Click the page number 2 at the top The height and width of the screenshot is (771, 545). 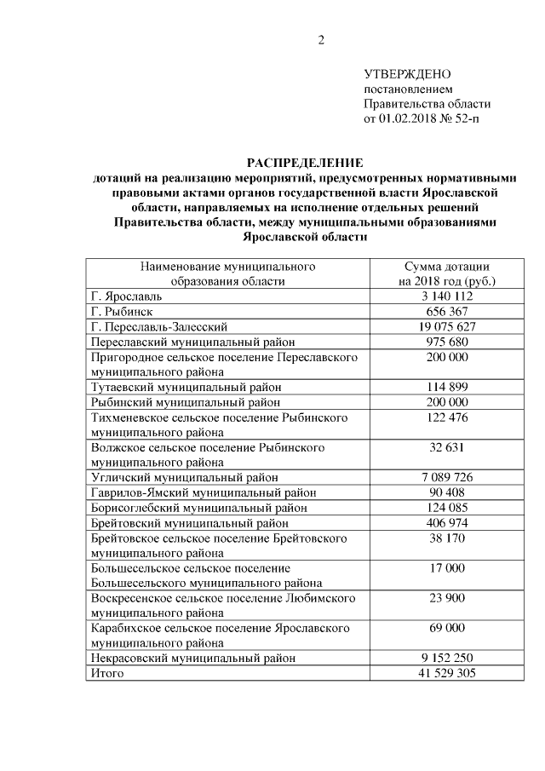pyautogui.click(x=322, y=39)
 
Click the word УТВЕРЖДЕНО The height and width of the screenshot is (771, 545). pyautogui.click(x=407, y=74)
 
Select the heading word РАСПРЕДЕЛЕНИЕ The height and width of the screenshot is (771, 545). pyautogui.click(x=304, y=162)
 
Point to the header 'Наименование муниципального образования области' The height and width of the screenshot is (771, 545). pyautogui.click(x=227, y=273)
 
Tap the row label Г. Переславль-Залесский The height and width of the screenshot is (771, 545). pyautogui.click(x=159, y=325)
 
